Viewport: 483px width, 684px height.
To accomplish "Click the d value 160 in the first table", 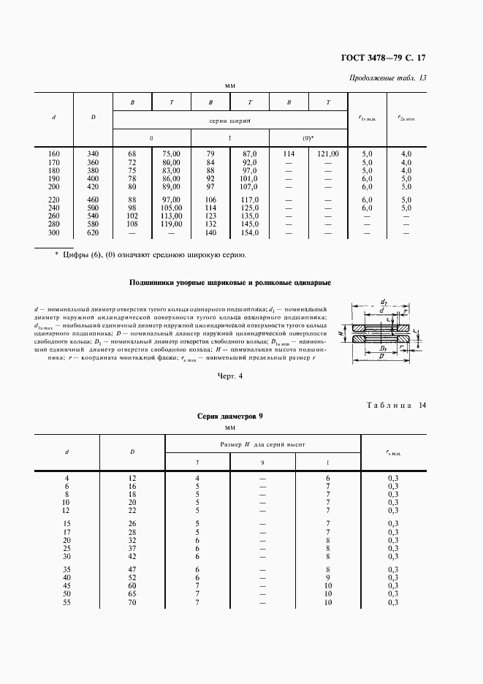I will point(54,153).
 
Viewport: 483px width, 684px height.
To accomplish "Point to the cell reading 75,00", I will point(171,153).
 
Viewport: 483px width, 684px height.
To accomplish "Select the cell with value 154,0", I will point(250,232).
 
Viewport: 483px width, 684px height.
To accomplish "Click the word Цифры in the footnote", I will point(73,255).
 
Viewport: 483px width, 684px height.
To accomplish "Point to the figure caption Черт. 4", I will point(229,376).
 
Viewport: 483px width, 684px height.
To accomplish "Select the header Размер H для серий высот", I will point(262,444).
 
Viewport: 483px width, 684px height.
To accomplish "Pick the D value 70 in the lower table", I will point(132,602).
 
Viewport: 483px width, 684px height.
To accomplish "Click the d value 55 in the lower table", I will point(66,602).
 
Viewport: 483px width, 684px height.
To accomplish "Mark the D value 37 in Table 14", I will point(132,548).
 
